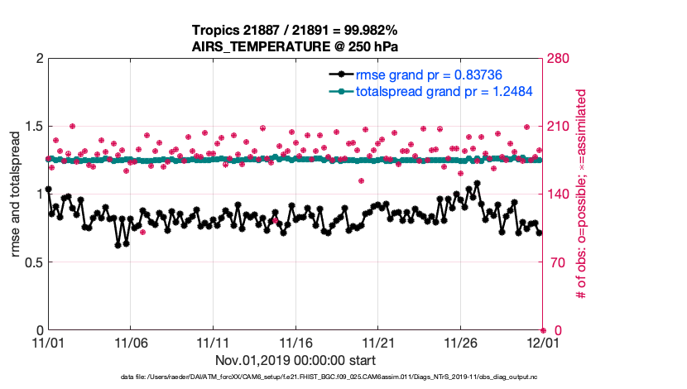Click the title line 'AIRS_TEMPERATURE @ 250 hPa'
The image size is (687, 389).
(295, 46)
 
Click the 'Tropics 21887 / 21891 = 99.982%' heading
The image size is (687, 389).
(295, 31)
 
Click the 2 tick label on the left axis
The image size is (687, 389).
(36, 59)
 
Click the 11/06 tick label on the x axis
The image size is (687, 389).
(130, 343)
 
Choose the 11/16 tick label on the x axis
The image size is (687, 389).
(295, 343)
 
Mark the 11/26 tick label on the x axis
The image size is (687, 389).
(460, 343)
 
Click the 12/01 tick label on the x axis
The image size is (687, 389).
(543, 343)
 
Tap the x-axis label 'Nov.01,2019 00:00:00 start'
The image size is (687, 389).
(295, 360)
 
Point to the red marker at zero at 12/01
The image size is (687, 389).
(543, 330)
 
